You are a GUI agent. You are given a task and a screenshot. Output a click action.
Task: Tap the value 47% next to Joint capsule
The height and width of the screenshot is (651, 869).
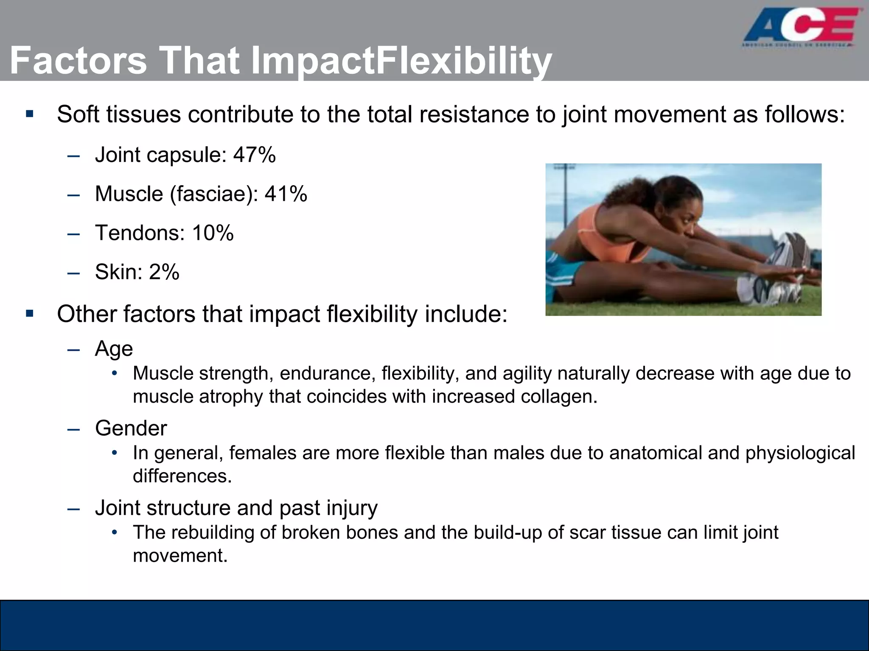click(254, 155)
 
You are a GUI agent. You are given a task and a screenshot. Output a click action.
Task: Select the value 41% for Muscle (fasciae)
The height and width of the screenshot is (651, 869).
click(286, 194)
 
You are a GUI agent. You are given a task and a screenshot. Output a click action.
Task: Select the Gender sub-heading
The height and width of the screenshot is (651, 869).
click(131, 428)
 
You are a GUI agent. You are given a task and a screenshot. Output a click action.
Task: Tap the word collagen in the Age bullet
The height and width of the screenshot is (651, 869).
click(558, 397)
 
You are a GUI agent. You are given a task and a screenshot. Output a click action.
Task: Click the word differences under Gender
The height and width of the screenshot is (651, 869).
click(182, 476)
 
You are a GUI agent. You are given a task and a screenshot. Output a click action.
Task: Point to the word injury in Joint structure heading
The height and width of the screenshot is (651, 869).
click(352, 508)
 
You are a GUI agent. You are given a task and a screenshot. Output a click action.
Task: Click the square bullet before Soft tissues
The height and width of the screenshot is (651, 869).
click(29, 114)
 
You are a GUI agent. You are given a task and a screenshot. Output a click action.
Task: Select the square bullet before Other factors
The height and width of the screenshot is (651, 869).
click(29, 314)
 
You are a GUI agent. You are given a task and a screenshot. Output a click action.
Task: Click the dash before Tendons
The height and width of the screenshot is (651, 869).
click(73, 234)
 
